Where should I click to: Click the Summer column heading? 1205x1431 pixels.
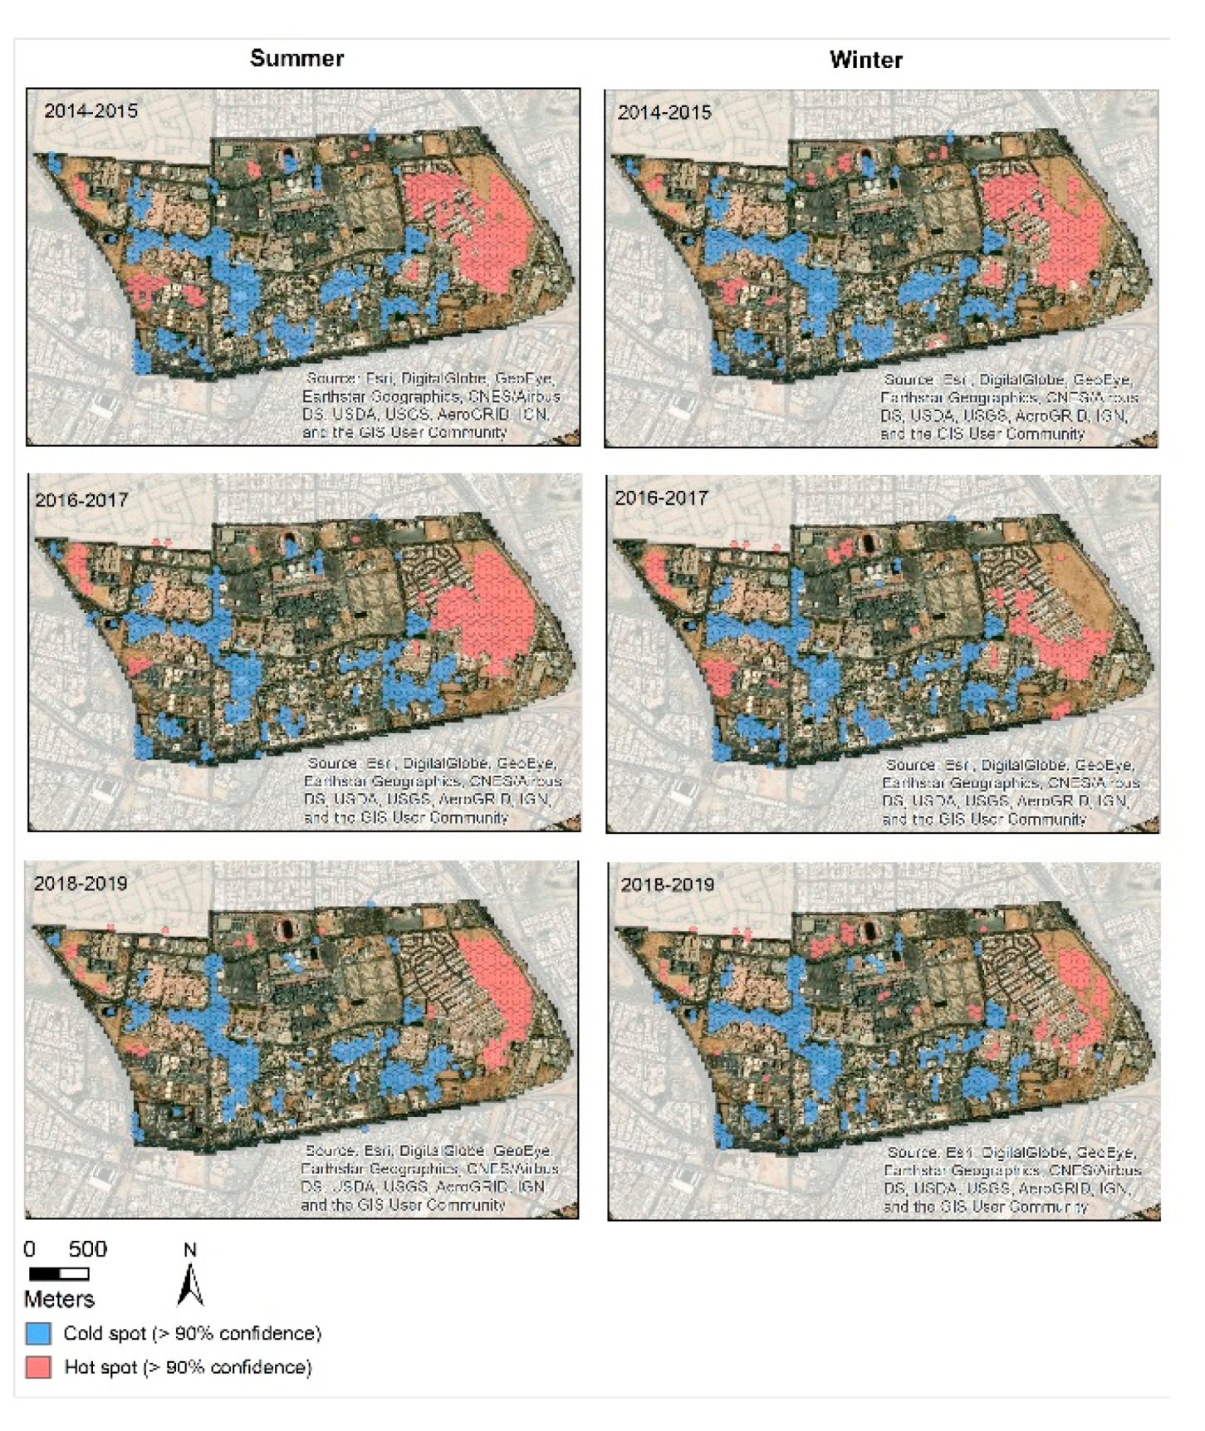[296, 58]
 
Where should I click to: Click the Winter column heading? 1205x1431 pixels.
[865, 60]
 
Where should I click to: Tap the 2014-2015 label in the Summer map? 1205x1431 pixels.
[91, 110]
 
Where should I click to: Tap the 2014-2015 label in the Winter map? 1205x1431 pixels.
[664, 112]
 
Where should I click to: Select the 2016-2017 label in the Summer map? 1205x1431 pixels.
[81, 500]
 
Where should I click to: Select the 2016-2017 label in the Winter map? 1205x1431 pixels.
[661, 498]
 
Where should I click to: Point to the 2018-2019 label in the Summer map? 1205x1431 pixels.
[81, 883]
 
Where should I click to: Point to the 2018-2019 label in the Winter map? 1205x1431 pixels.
[668, 885]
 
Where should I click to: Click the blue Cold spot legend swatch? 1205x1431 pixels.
[38, 1333]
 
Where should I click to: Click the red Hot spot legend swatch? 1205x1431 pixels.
[38, 1367]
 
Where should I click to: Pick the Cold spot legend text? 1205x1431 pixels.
[192, 1333]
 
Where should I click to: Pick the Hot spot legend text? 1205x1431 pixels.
[188, 1367]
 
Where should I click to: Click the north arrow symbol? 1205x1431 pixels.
[190, 1286]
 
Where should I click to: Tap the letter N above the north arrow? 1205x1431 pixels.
[189, 1250]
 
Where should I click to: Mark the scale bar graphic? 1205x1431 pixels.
[58, 1273]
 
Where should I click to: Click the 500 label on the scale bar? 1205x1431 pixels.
[87, 1249]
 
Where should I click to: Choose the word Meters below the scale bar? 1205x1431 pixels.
[59, 1299]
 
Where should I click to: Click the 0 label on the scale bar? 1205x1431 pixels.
[30, 1249]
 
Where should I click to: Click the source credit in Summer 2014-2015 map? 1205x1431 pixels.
[429, 405]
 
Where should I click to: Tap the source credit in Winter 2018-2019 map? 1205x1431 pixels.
[1012, 1179]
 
